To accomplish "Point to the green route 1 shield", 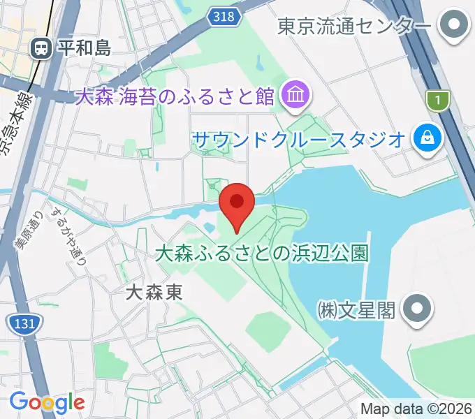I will tap(438, 101).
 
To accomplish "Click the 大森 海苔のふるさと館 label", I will tap(175, 96).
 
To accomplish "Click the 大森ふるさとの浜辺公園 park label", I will tap(261, 253).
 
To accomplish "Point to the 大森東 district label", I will tap(154, 292).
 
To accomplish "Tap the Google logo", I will tap(47, 402).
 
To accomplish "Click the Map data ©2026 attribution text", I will tap(416, 409).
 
